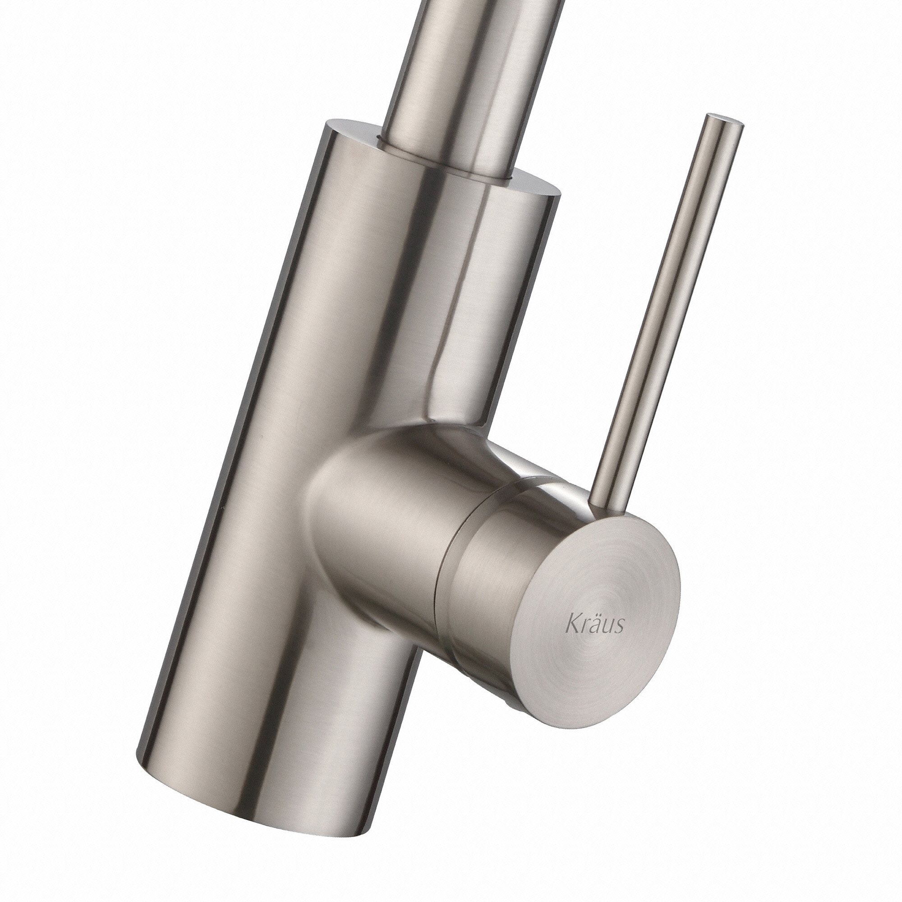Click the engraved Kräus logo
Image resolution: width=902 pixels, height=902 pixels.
pos(594,626)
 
